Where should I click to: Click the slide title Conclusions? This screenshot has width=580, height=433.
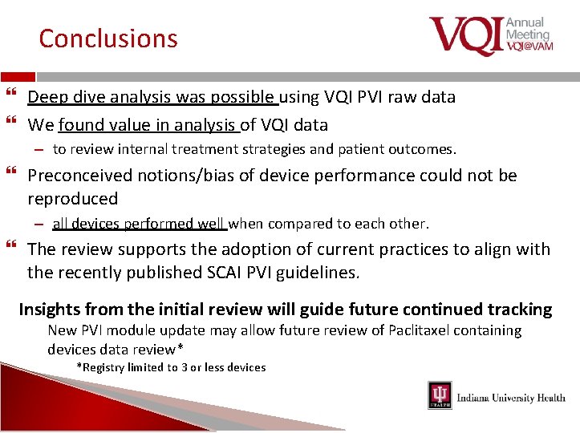click(x=108, y=38)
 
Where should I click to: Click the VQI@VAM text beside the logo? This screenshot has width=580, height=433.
click(x=529, y=47)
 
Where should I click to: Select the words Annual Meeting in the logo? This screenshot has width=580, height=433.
click(x=527, y=28)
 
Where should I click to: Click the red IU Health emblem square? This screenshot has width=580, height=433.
click(x=440, y=396)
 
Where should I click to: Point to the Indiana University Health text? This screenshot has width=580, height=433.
click(x=511, y=398)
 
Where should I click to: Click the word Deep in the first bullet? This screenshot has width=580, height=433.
click(x=47, y=97)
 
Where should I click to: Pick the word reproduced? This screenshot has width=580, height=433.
click(x=72, y=198)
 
